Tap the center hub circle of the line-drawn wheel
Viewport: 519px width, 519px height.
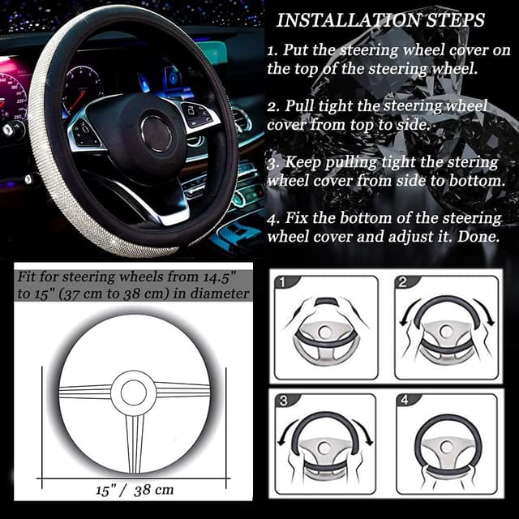(x=134, y=393)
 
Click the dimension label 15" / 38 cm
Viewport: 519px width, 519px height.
(x=134, y=490)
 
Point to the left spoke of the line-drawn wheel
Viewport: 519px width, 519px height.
(x=85, y=392)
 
